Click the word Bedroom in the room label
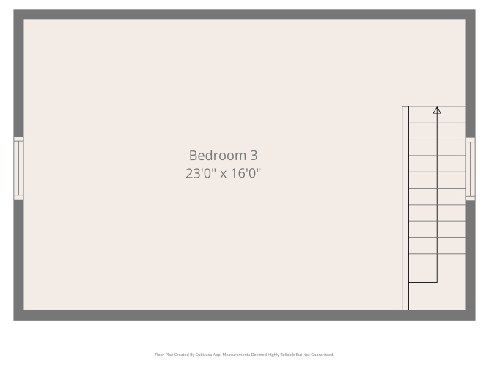tap(218, 156)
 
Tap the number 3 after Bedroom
tap(254, 156)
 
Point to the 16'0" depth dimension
tap(246, 173)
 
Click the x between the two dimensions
tap(224, 174)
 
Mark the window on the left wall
tap(18, 168)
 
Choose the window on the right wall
tap(470, 169)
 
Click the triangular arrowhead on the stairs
tap(437, 110)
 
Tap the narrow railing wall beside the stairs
tap(405, 208)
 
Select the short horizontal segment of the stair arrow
tap(423, 282)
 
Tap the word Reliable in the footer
tap(287, 355)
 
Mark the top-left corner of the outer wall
tap(13, 9)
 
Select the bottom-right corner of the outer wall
tap(476, 321)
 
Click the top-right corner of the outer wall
tap(476, 9)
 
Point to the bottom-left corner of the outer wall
tap(13, 321)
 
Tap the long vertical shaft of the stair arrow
tap(437, 197)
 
